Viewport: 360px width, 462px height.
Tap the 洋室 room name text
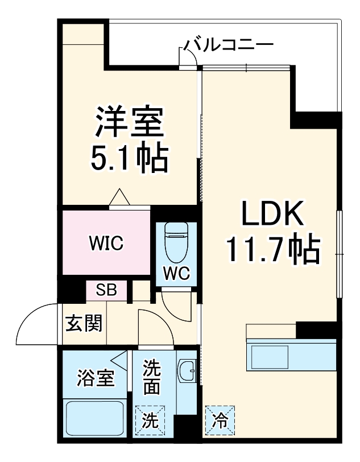tap(130, 122)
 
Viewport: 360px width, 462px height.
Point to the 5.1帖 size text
tap(130, 159)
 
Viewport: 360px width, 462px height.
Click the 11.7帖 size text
tap(272, 250)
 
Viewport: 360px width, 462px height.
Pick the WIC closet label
tap(106, 244)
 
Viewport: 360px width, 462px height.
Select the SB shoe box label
tap(106, 290)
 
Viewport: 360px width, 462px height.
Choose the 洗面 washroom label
tap(151, 377)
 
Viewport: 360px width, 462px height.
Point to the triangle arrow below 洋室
tap(120, 197)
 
